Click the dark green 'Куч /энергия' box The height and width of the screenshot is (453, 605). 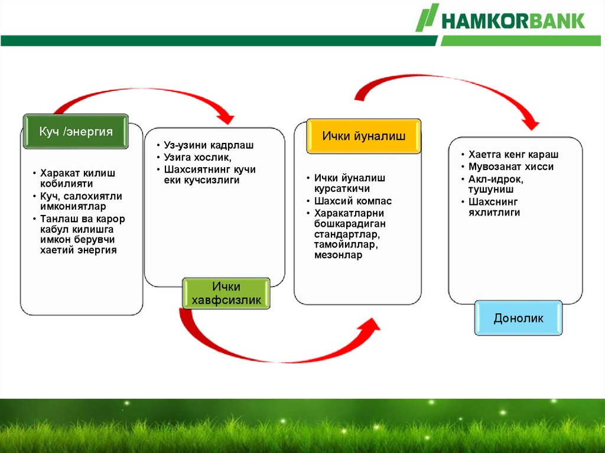pos(76,131)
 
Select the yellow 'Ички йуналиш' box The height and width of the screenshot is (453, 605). pos(363,136)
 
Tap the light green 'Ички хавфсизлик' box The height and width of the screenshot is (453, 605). pos(226,294)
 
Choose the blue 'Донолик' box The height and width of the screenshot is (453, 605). pos(518,318)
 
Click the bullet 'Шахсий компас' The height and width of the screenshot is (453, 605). pos(353,201)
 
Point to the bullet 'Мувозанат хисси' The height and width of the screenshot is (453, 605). pos(511,167)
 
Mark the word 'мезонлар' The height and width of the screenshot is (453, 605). pos(338,255)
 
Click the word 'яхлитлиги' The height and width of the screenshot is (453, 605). pos(494,213)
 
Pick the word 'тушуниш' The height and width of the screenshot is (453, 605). pos(491,190)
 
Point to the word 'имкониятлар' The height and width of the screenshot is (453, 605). pos(73,207)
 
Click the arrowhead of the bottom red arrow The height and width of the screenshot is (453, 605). pos(369,325)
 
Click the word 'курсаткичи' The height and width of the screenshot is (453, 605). pos(342,188)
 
